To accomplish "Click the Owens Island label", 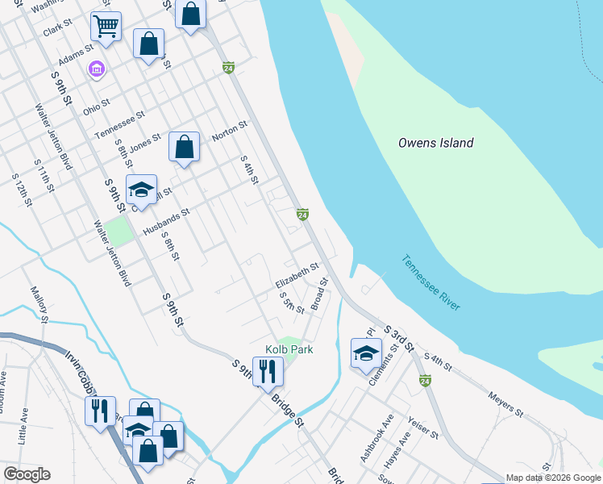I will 435,143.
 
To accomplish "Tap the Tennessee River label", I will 431,283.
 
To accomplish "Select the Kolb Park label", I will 289,349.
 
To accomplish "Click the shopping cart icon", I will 106,27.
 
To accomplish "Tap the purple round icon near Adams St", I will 96,71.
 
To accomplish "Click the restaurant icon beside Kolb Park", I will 267,372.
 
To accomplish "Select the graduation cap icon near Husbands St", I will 141,190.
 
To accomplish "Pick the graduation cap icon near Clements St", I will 366,353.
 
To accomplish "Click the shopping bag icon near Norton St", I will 185,147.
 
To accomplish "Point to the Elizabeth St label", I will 297,274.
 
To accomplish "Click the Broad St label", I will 320,293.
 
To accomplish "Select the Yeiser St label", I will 422,428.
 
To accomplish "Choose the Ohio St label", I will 96,104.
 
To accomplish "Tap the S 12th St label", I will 21,189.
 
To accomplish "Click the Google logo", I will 27,474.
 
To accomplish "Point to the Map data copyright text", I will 552,478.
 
